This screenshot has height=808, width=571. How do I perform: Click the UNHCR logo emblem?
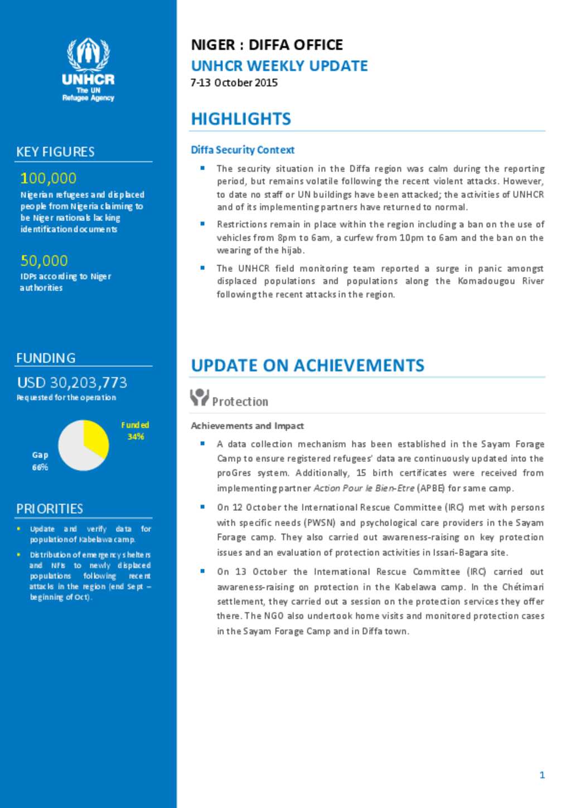coord(88,55)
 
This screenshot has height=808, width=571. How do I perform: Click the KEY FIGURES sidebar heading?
coord(55,152)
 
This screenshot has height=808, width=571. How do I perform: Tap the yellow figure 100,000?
coord(48,178)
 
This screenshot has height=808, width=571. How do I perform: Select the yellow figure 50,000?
coord(44,260)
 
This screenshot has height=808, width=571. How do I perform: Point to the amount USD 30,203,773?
coord(72,383)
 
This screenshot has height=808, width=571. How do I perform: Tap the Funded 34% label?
coord(135,430)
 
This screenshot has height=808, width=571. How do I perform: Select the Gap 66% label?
coord(40,461)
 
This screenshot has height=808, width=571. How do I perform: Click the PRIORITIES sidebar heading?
coord(50,509)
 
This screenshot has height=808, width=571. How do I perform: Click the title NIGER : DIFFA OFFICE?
coord(267,45)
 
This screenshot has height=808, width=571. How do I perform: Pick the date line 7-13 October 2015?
coord(234,83)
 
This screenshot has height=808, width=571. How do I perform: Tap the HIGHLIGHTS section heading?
coord(241,119)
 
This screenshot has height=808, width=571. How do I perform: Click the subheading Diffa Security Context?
coord(243,149)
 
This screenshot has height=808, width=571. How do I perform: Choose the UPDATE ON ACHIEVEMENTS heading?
coord(307,365)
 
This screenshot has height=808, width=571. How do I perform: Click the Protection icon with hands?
coord(199,397)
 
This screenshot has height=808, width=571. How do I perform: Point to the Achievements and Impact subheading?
coord(247,425)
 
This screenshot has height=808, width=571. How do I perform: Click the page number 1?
coord(542,775)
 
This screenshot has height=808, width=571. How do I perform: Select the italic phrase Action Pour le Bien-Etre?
coord(364,488)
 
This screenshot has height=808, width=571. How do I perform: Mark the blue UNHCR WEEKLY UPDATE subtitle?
coord(279,66)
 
